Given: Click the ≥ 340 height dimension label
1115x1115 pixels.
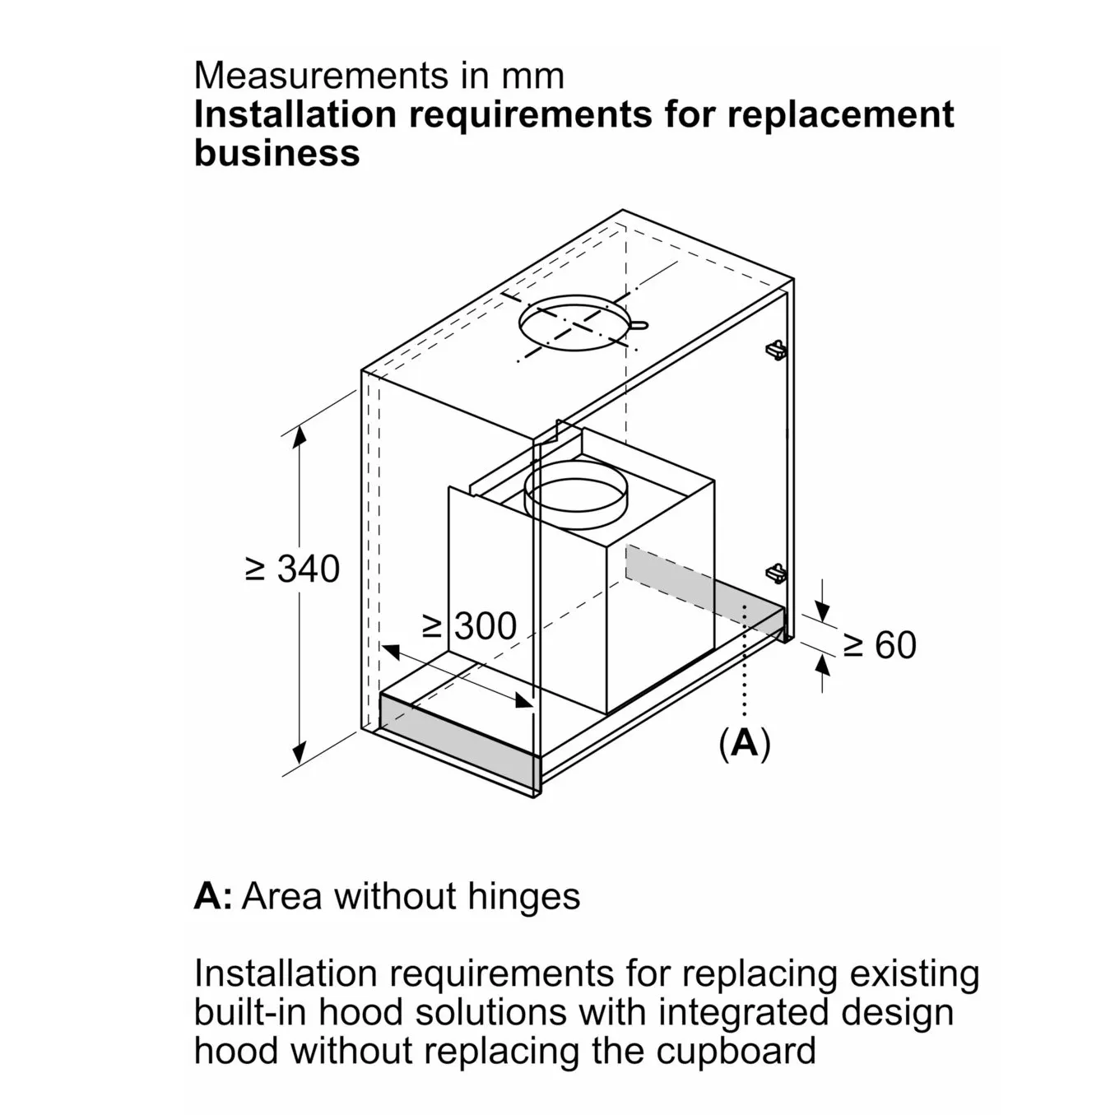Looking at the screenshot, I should pyautogui.click(x=293, y=569).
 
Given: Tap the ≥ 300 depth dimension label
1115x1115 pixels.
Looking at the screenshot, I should pyautogui.click(x=470, y=626).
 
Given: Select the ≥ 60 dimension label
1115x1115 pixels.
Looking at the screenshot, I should pyautogui.click(x=880, y=645).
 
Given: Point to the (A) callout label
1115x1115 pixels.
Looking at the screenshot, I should pyautogui.click(x=745, y=743).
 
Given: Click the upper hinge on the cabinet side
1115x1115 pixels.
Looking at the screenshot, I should pyautogui.click(x=775, y=350).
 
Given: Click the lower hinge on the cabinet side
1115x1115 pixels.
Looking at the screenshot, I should pyautogui.click(x=775, y=573).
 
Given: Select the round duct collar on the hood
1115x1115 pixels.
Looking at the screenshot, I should pyautogui.click(x=575, y=495).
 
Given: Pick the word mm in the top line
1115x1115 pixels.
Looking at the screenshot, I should pyautogui.click(x=534, y=76).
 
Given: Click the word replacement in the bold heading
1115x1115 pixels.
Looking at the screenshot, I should pyautogui.click(x=840, y=114).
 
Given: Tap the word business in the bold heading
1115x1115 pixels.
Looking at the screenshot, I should pyautogui.click(x=276, y=153).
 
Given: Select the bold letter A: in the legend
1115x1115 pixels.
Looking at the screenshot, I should pyautogui.click(x=213, y=896).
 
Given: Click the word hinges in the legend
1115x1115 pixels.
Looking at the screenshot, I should pyautogui.click(x=523, y=896).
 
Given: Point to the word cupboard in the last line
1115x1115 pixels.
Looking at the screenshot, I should pyautogui.click(x=736, y=1051).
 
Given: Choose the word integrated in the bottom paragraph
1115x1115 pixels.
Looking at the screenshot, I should pyautogui.click(x=736, y=1012).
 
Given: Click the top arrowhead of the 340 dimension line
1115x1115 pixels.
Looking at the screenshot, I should pyautogui.click(x=300, y=434).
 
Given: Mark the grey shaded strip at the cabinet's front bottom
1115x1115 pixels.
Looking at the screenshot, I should pyautogui.click(x=458, y=736).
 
